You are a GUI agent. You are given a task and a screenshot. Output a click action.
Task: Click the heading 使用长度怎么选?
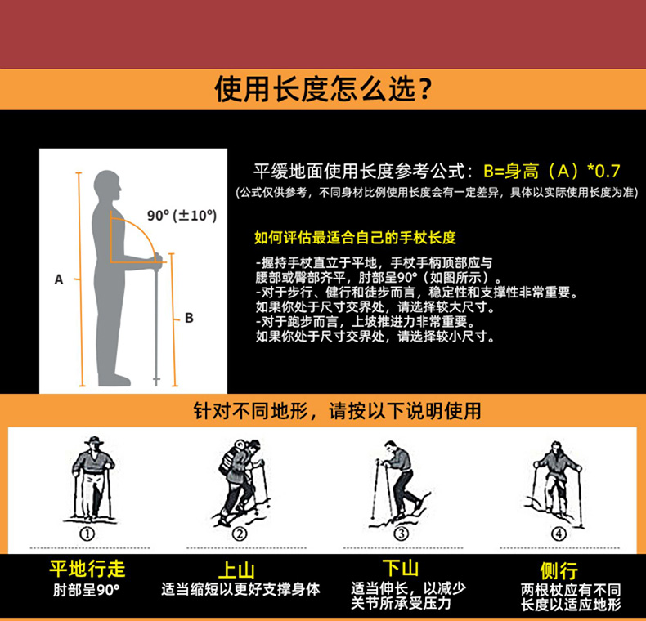323,89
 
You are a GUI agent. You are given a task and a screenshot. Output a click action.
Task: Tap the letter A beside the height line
59,279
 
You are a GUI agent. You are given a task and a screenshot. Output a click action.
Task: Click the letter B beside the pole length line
189,318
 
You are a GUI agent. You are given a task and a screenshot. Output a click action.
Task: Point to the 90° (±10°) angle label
182,216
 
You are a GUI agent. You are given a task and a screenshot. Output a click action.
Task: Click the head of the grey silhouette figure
107,185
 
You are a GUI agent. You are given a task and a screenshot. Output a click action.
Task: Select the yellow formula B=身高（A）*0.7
552,171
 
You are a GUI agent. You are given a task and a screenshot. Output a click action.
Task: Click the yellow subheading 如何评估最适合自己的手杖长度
355,238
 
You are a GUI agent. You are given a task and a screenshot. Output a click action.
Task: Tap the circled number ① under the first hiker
87,534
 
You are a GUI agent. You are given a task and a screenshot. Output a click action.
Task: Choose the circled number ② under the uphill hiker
240,534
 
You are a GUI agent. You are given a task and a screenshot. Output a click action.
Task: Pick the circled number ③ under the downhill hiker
402,534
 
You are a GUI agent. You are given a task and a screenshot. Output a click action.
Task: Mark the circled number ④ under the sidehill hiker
559,534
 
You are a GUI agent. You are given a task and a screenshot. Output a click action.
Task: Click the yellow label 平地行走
87,569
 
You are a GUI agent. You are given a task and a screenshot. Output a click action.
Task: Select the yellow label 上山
236,570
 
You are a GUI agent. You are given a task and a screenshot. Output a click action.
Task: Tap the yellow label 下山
400,568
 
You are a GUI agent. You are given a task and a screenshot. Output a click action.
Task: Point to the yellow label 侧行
559,571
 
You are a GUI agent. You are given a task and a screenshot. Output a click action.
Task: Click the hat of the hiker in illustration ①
94,440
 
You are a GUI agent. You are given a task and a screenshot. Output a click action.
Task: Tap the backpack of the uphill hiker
231,457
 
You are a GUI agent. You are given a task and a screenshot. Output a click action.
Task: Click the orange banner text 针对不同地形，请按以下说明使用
337,411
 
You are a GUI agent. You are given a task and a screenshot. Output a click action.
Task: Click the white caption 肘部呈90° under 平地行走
87,590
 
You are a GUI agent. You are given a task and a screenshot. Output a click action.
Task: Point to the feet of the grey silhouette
114,380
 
